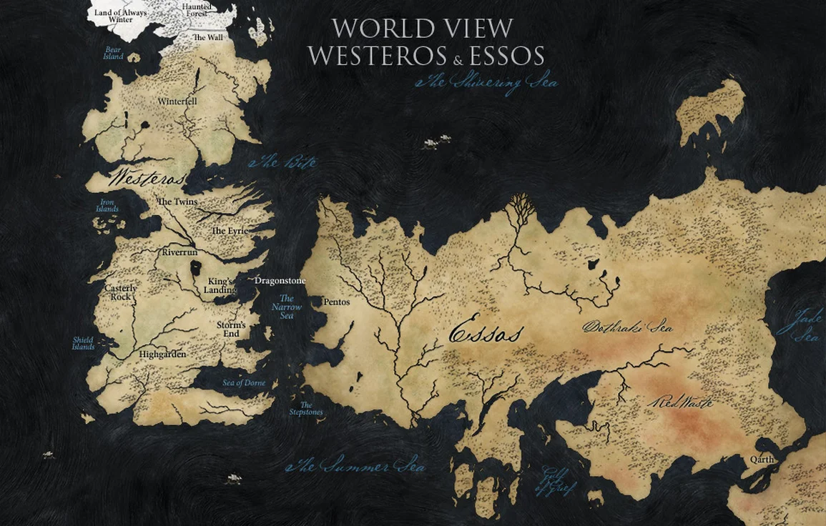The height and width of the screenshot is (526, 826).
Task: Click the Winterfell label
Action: (x=177, y=101)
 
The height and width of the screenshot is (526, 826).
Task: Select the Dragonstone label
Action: (x=280, y=281)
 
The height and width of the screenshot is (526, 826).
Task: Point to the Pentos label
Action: (x=337, y=302)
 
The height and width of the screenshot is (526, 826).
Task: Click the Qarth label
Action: (x=762, y=459)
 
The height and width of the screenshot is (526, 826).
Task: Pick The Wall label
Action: (x=208, y=37)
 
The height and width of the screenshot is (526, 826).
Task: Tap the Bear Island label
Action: (x=113, y=53)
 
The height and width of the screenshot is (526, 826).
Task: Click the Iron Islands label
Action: (x=107, y=206)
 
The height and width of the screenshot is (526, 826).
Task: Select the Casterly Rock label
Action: (x=120, y=292)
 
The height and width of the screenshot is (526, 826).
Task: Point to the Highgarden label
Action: (x=163, y=354)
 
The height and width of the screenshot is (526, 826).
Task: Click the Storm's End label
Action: (x=231, y=329)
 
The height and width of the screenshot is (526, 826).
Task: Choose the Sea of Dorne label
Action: (x=244, y=383)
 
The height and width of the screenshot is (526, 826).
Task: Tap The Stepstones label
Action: (x=306, y=409)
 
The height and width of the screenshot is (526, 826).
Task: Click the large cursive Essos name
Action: (x=486, y=334)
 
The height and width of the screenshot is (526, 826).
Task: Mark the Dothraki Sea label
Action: (x=627, y=328)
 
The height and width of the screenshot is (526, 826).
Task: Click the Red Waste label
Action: (x=680, y=402)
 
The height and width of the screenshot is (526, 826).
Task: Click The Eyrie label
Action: (x=229, y=231)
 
